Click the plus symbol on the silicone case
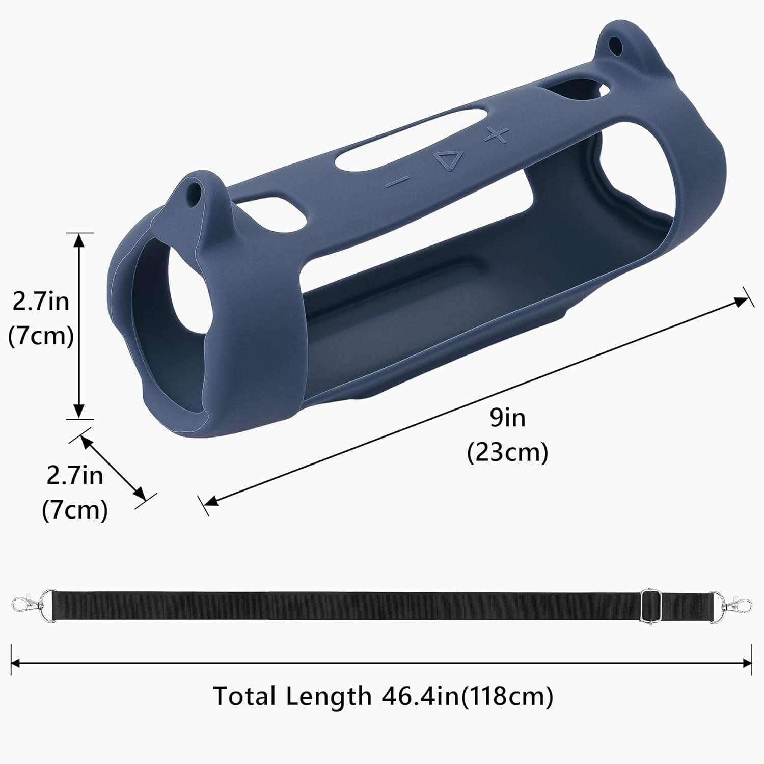point(496,134)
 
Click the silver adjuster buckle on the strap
point(647,606)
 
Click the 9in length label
point(508,418)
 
